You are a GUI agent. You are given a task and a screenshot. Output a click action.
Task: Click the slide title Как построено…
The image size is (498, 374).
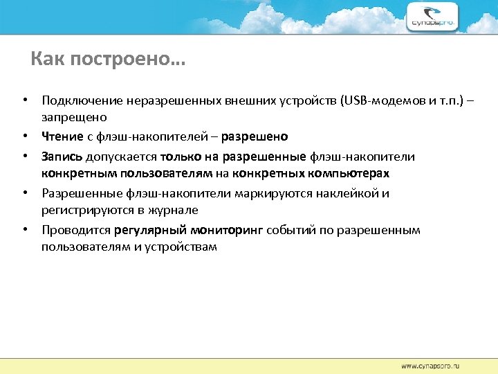pyautogui.click(x=108, y=60)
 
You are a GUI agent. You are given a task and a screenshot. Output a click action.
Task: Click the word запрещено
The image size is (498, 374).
pyautogui.click(x=73, y=118)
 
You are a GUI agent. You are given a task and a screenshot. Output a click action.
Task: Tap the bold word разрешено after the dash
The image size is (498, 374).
pyautogui.click(x=261, y=136)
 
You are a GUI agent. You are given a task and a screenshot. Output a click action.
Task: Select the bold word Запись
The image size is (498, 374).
pyautogui.click(x=62, y=156)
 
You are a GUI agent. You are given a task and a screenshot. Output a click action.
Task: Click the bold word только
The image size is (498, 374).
pyautogui.click(x=181, y=156)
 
